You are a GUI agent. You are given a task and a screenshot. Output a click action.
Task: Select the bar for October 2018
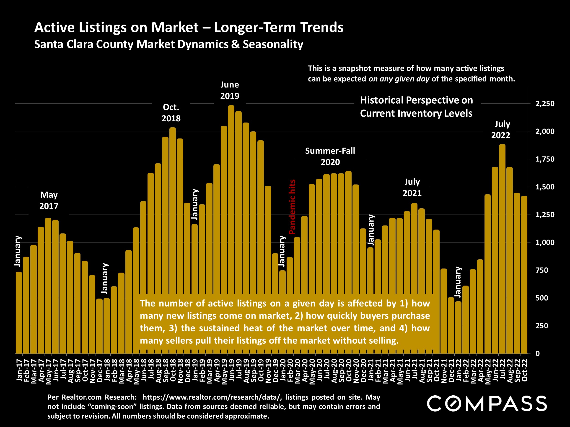tap(173, 211)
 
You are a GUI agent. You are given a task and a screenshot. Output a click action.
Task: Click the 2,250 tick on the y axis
tap(545, 104)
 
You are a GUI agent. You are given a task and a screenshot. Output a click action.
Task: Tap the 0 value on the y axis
tap(538, 354)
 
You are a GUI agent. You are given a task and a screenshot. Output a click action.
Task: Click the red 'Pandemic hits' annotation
tap(292, 207)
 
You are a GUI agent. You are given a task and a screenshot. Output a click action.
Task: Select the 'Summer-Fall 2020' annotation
tap(330, 156)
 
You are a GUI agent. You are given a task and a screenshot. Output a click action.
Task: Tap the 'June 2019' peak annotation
tap(230, 90)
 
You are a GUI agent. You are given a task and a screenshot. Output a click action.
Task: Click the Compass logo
tap(487, 404)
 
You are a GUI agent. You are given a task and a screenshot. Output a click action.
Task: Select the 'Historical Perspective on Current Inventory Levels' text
tap(416, 107)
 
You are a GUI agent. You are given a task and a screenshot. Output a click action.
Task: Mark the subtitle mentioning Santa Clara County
tap(168, 44)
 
